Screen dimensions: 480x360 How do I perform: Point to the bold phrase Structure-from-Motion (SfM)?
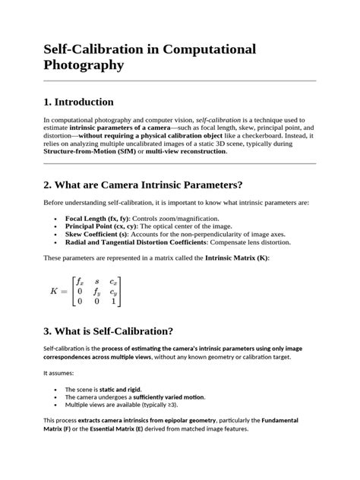92,151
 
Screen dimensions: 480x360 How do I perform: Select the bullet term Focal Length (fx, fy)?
98,218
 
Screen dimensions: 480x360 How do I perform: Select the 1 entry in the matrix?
113,301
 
